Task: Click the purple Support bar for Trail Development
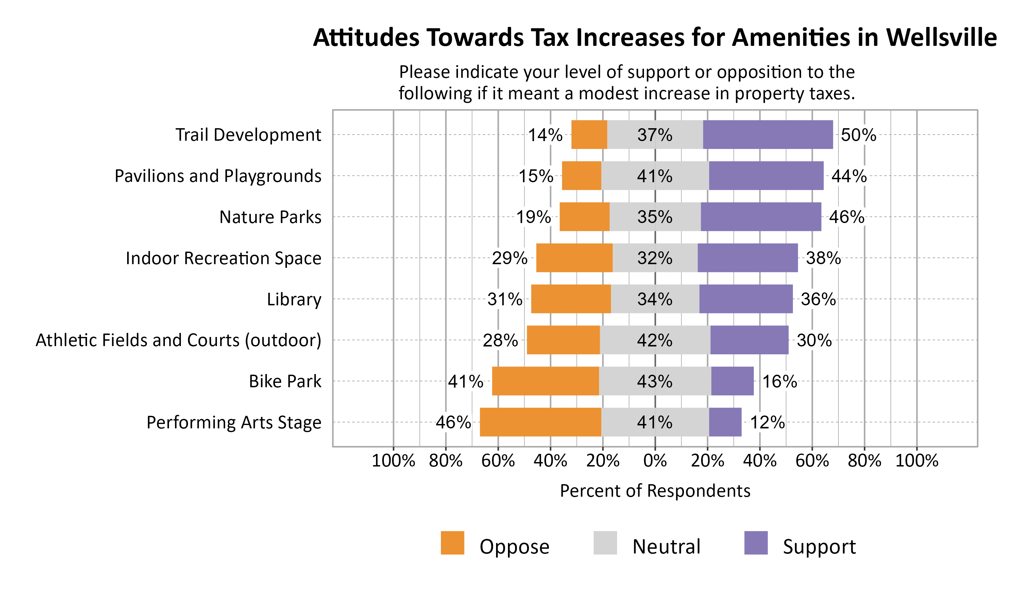(x=767, y=134)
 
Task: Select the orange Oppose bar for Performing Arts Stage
(x=540, y=422)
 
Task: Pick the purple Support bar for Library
(x=745, y=299)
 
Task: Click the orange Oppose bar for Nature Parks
(x=584, y=217)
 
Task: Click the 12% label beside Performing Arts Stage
(x=767, y=422)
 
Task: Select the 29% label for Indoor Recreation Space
(x=509, y=258)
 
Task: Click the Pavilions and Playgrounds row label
(x=218, y=176)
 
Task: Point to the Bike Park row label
(x=285, y=381)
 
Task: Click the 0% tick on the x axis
(x=655, y=461)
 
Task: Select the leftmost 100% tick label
(x=393, y=461)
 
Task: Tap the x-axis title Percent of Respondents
(x=655, y=491)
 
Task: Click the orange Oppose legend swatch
(x=452, y=543)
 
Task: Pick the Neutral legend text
(x=666, y=546)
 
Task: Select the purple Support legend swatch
(x=756, y=543)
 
